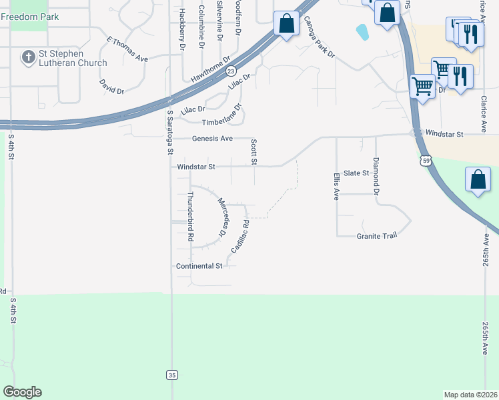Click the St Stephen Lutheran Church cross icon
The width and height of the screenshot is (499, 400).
coord(28,57)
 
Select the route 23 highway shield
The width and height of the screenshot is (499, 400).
coord(231,70)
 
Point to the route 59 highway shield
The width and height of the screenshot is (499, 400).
coord(426,161)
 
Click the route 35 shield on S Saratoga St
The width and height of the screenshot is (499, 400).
coord(171,375)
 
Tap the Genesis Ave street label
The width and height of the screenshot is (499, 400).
coord(212,139)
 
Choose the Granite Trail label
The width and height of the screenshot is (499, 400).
coord(376,236)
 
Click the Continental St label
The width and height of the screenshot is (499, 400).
coord(199,266)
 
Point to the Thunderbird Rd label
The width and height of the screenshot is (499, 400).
coord(190,216)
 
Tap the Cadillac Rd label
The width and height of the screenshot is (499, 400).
coord(239,236)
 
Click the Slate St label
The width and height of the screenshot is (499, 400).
coord(356,173)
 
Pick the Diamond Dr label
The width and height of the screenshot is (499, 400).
coord(376,175)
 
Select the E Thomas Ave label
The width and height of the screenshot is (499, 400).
coord(127,49)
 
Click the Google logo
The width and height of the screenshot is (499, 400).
coord(22,392)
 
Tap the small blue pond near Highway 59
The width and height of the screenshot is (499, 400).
coord(362,31)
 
